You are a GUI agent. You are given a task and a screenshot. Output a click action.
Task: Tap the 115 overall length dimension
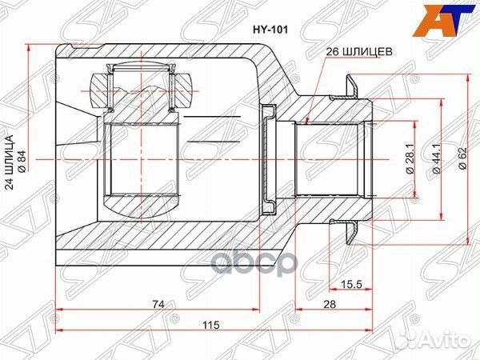(210, 326)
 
